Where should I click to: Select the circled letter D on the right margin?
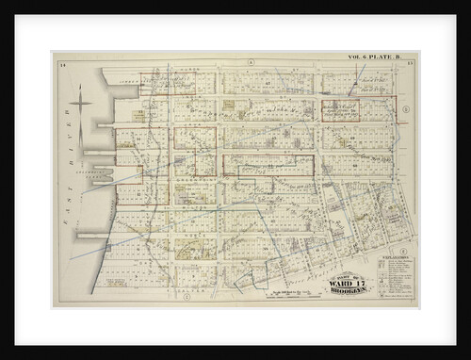coord(405,109)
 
